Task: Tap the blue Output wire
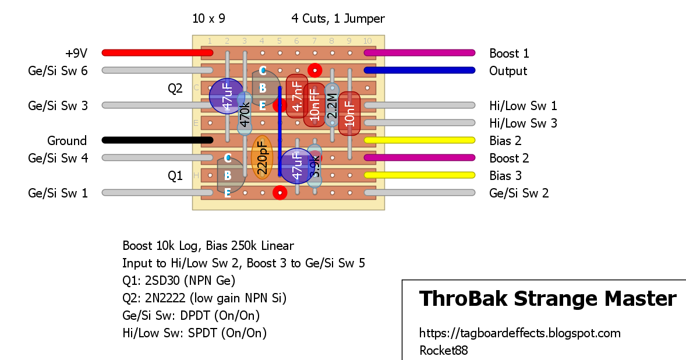tap(419, 70)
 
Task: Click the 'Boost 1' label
tap(509, 54)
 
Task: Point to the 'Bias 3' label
tap(505, 176)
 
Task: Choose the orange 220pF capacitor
tap(261, 157)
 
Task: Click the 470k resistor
tap(245, 114)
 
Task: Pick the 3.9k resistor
tap(314, 166)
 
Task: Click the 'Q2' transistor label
tap(175, 89)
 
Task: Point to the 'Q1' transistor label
tap(175, 176)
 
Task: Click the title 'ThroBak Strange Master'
tap(547, 299)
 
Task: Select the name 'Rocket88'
tap(443, 351)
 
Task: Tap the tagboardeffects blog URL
tap(519, 333)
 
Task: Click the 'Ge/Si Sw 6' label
tap(58, 71)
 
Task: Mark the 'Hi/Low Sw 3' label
tap(523, 123)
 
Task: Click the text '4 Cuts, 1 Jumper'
tap(338, 19)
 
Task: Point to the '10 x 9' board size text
tap(208, 19)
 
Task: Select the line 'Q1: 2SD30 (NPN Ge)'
tap(179, 281)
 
